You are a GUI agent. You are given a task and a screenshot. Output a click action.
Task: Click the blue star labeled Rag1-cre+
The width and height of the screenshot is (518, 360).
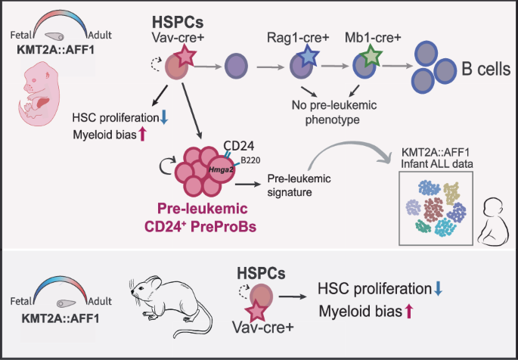pos(306,57)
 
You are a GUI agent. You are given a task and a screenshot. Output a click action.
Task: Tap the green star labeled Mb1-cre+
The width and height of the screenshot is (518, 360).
pos(370,57)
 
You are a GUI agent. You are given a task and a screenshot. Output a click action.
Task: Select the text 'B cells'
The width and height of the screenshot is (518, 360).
pos(482,68)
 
